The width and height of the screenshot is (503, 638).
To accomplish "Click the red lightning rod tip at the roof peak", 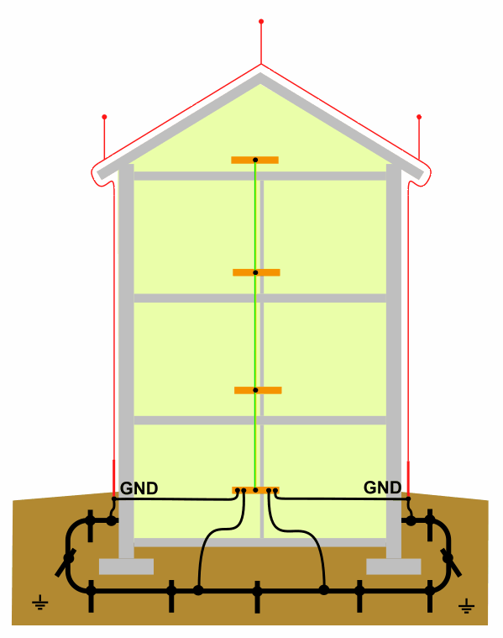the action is pos(261,21).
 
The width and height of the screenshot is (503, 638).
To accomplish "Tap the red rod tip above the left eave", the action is pos(104,117).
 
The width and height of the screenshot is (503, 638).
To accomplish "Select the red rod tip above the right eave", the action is pos(419,117).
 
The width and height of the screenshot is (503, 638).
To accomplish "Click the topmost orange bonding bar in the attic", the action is pos(254,160).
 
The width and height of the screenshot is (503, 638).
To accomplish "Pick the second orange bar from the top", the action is pos(256,272).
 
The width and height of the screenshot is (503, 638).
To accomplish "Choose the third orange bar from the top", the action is pos(258,390).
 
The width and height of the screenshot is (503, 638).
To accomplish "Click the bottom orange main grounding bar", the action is pos(255,490).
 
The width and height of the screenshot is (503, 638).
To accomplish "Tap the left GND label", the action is pos(139,488).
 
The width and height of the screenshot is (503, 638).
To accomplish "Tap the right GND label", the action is pos(382,488).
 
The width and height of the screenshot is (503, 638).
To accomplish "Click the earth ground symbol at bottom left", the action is pos(39,602).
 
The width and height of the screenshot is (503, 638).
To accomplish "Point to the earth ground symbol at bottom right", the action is pos(466,606).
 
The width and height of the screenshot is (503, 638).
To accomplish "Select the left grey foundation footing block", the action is pos(127,567).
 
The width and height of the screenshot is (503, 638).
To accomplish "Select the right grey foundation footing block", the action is pos(394,567).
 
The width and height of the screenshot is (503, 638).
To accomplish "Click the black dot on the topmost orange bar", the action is pos(255,160).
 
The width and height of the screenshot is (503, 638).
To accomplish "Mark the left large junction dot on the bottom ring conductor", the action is pos(198,590).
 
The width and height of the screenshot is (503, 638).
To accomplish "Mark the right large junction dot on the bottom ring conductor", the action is pos(323,590).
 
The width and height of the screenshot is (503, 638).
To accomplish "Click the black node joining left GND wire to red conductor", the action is pos(114,498).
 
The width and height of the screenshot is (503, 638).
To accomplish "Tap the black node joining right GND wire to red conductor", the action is pos(408,498).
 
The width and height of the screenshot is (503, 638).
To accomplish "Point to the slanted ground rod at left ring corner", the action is pos(65,562).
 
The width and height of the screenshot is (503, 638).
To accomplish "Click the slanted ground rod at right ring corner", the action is pos(451,562).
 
